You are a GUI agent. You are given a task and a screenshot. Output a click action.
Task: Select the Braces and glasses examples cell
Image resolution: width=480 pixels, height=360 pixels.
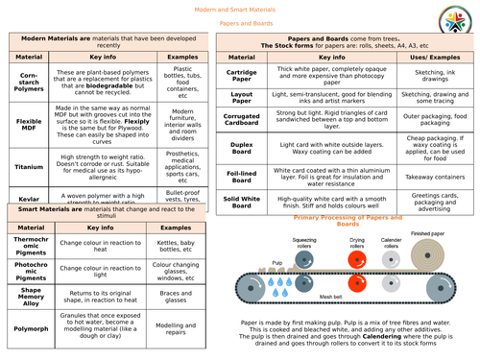[174, 295]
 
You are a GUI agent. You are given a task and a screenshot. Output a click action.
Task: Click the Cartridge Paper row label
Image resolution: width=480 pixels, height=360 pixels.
[243, 76]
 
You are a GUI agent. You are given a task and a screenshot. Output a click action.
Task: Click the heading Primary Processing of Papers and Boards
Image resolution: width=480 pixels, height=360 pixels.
[346, 221]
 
